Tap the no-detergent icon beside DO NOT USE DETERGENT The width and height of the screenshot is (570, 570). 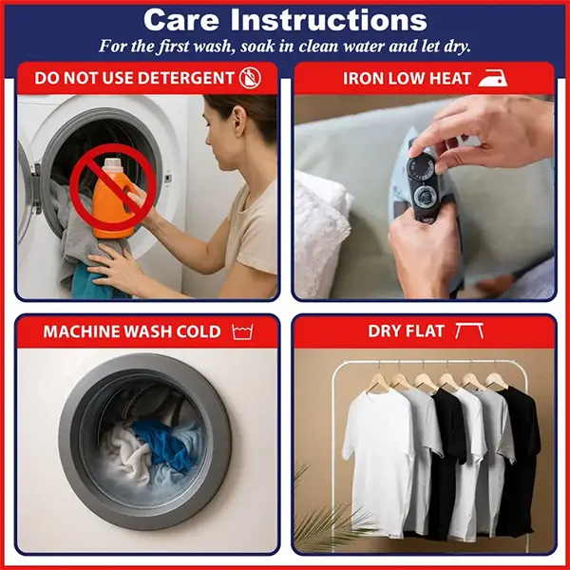coord(250,78)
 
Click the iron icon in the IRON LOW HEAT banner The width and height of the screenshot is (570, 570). coord(493,78)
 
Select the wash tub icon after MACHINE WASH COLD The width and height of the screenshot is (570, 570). coord(242,332)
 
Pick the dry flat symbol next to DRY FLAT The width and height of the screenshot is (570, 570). coord(469,331)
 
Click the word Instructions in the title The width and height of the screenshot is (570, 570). coord(329,20)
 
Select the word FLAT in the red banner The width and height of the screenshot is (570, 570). coord(425,332)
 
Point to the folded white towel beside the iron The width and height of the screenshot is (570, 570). coord(321,233)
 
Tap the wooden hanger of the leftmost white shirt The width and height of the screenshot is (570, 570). coord(378,383)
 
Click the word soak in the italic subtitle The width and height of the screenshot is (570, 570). coord(257,47)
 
